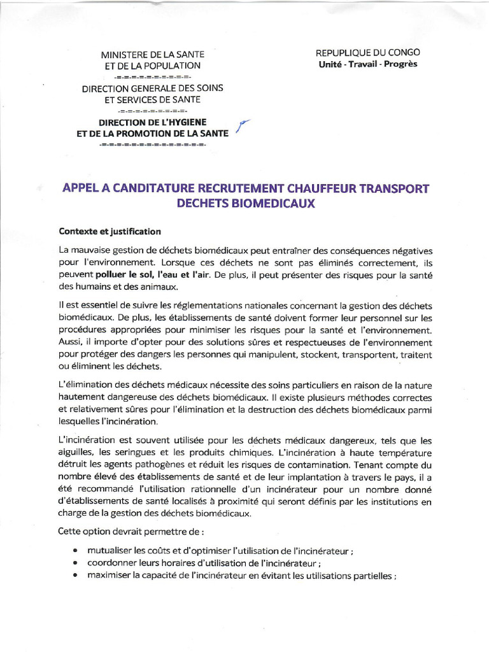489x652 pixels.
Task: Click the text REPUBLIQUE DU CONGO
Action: pyautogui.click(x=367, y=53)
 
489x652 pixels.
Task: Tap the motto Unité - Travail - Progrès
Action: pyautogui.click(x=367, y=65)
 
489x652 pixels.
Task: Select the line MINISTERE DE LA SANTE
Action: pyautogui.click(x=152, y=54)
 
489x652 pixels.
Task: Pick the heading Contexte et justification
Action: pyautogui.click(x=110, y=230)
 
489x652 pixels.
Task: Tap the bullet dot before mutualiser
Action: pyautogui.click(x=76, y=550)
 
